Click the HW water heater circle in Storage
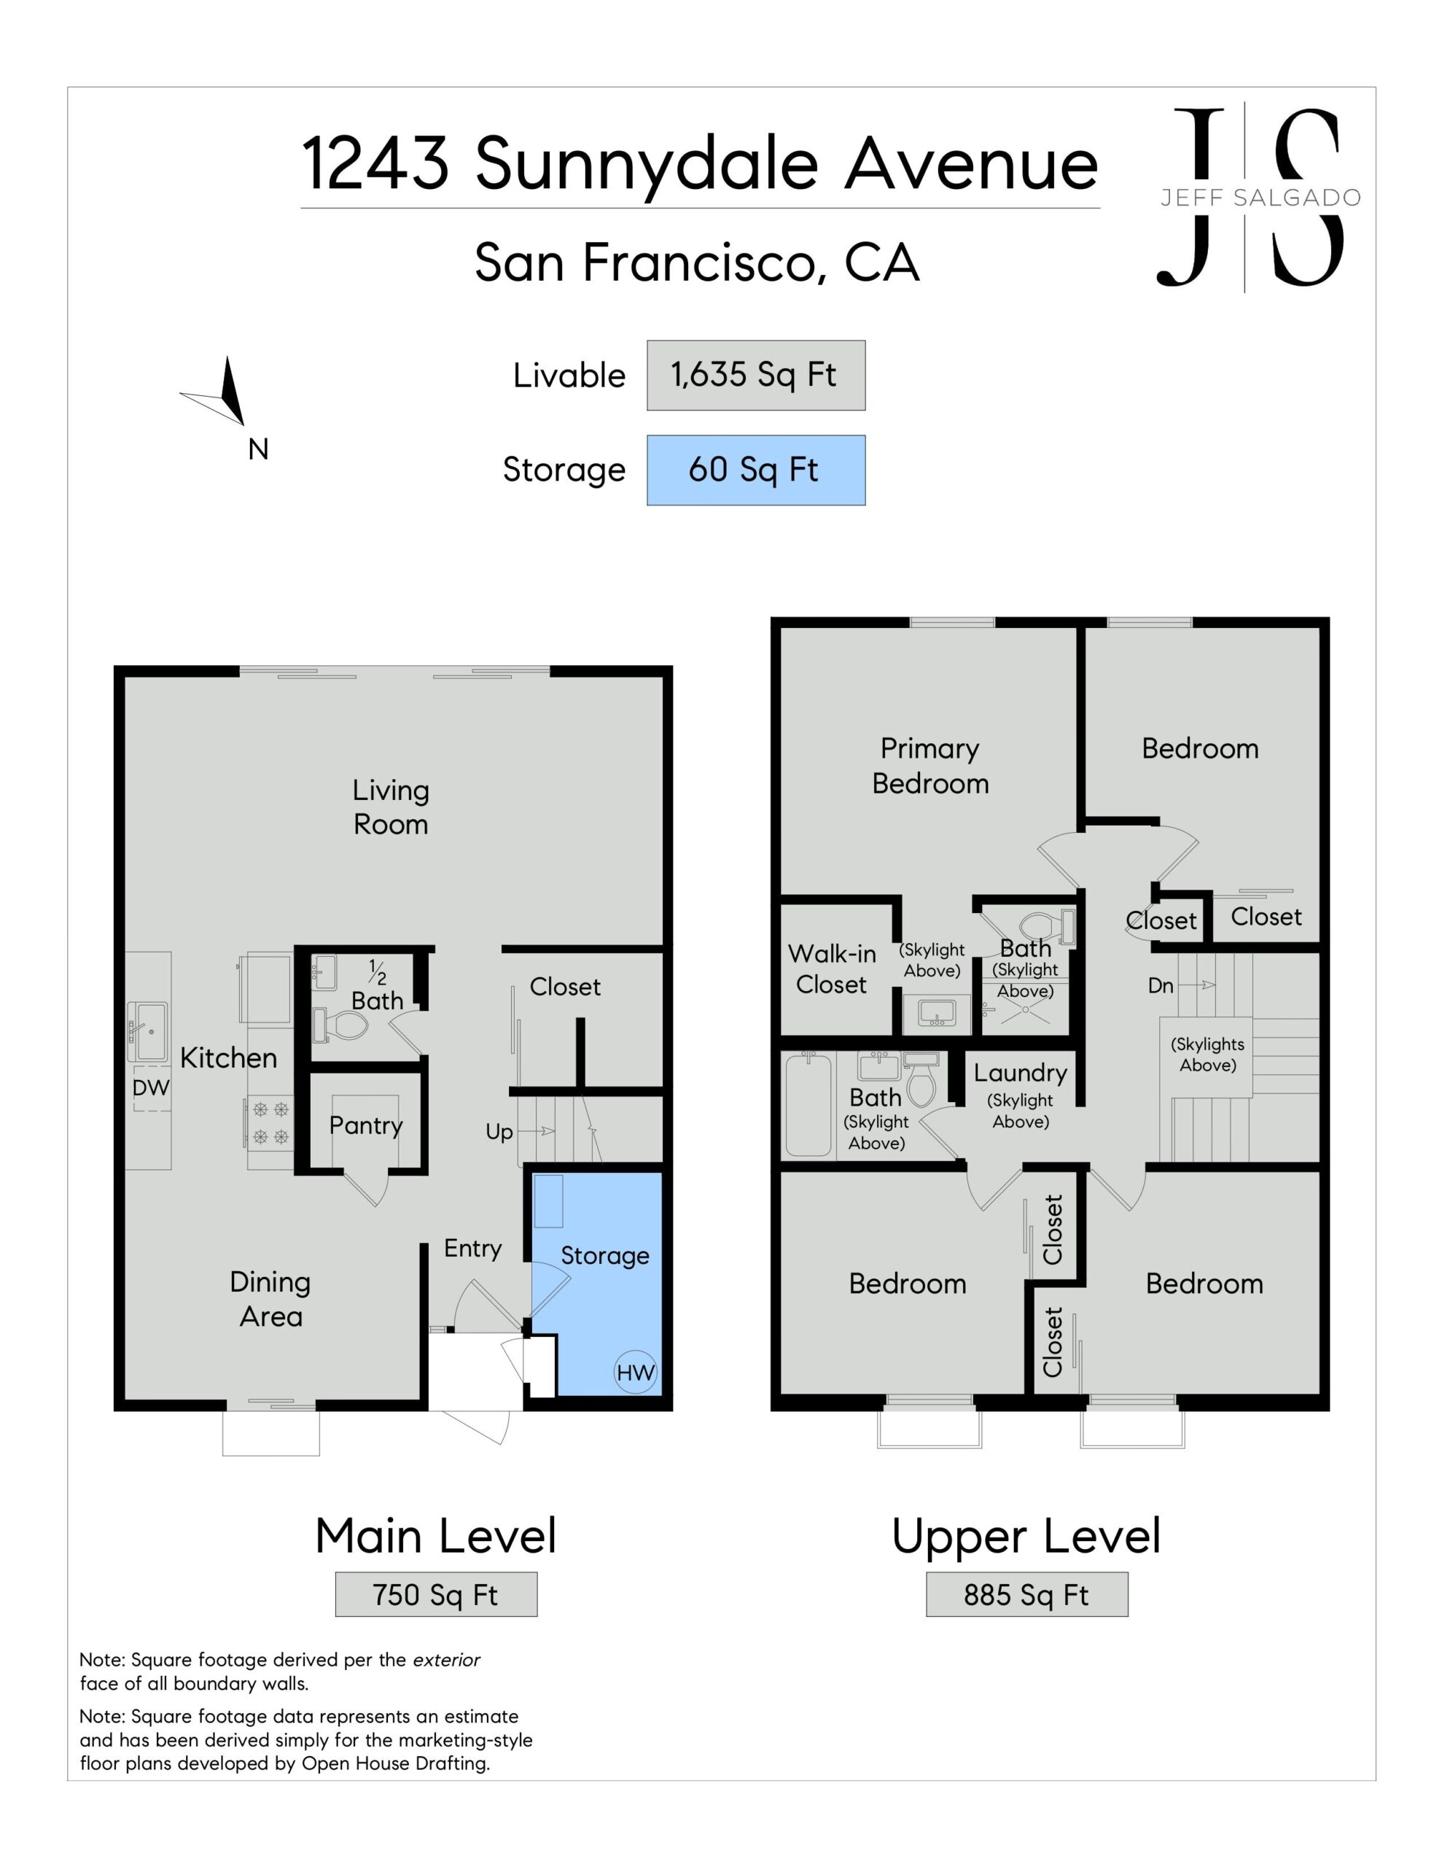(x=635, y=1372)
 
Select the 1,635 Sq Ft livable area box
(x=755, y=376)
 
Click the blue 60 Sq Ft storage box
(x=755, y=470)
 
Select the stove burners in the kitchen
(x=271, y=1122)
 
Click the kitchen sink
(x=148, y=1032)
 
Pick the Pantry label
(x=366, y=1125)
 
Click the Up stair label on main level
(x=499, y=1132)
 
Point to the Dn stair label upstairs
(x=1160, y=986)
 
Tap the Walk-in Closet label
(x=832, y=969)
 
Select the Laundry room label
(x=1021, y=1074)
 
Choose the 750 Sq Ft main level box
(x=436, y=1594)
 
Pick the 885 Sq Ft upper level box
(x=1026, y=1594)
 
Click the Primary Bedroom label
(x=930, y=766)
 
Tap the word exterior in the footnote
(x=446, y=1660)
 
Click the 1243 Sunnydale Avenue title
(x=700, y=164)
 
